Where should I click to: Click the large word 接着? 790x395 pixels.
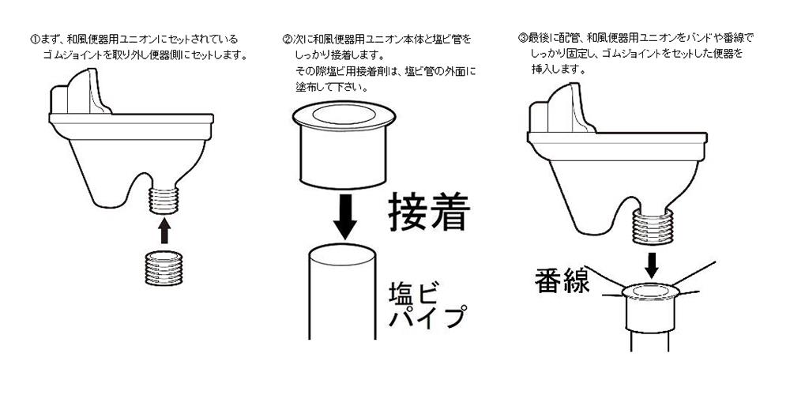429,213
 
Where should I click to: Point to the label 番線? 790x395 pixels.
562,281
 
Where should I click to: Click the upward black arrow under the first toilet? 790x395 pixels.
164,230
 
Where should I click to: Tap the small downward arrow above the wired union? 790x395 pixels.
652,265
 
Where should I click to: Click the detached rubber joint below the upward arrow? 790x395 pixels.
164,268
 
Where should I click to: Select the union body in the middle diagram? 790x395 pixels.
344,145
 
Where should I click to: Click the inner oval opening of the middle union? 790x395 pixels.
344,114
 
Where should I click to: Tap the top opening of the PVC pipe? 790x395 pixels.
342,253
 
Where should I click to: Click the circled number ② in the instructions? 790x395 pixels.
288,39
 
